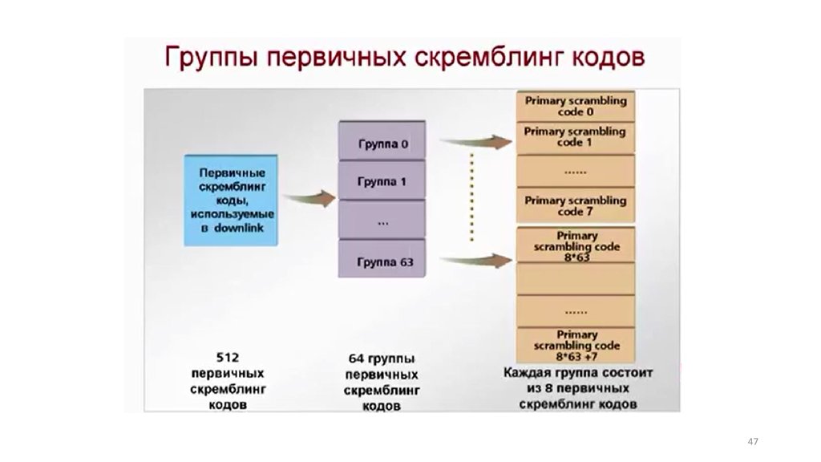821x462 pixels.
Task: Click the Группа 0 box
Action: [382, 144]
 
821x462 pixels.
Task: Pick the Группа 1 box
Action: [382, 182]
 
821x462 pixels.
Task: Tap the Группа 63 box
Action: [382, 261]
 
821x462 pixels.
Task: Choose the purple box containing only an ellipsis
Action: [382, 221]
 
